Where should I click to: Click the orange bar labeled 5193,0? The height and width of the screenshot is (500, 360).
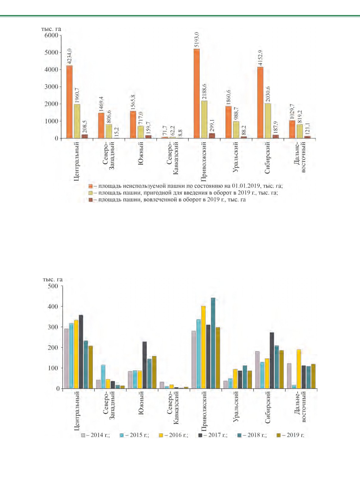197,93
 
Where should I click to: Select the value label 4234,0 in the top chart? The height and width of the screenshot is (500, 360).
69,56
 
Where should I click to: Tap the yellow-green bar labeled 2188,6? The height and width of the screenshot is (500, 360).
204,119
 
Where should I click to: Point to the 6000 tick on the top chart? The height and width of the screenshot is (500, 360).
51,35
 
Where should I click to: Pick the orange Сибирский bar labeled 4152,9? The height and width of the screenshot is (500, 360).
260,103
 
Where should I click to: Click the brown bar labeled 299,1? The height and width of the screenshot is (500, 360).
212,136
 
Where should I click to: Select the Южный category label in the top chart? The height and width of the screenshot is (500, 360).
140,153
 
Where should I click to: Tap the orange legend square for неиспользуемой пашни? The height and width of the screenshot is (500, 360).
90,186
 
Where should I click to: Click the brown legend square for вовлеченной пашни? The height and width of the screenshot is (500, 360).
90,200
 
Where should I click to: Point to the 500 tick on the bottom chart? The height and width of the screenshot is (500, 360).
53,286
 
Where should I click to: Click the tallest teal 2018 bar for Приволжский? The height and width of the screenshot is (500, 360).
213,343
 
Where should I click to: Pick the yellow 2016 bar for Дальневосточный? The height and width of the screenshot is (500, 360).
299,369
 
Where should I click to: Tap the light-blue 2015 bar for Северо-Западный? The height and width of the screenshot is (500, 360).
103,377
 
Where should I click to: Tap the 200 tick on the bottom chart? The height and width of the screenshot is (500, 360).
53,348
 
